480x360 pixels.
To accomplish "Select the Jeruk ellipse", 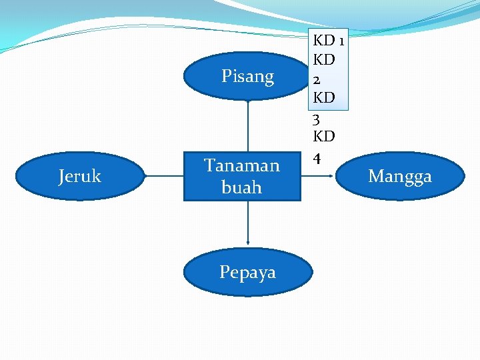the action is pos(79,176).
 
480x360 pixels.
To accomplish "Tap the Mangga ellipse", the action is pos(400,176).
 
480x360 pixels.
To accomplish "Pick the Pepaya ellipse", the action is pos(247,272).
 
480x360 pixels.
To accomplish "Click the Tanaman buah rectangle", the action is pos(242,176).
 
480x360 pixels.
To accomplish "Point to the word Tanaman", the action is pos(242,165).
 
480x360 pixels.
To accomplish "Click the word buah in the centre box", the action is pos(242,187).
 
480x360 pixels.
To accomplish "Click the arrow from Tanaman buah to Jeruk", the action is pos(164,176).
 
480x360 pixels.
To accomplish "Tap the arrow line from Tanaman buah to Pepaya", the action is pos(248,223).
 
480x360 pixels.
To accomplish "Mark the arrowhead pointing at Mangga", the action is pos(331,176).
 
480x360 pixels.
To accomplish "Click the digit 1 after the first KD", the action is pos(341,41).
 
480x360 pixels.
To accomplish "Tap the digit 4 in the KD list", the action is pos(318,158).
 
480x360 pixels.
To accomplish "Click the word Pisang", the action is pos(248,77).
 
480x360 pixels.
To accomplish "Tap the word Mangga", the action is pos(400,177).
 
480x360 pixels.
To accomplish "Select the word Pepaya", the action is pos(247,272).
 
